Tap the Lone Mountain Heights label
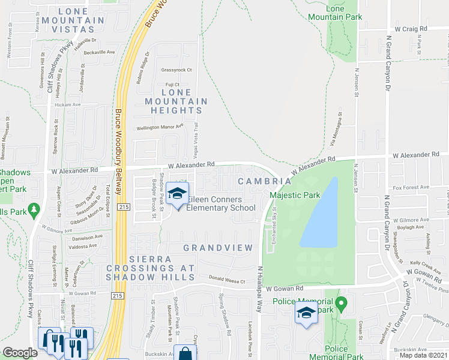[x=176, y=101]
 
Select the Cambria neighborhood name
[x=268, y=181]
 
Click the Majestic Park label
[x=294, y=195]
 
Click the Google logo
[x=20, y=353]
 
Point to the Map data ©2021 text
[x=423, y=355]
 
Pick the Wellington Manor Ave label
[x=159, y=127]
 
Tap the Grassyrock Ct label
[x=176, y=70]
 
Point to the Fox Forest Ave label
[x=411, y=187]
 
